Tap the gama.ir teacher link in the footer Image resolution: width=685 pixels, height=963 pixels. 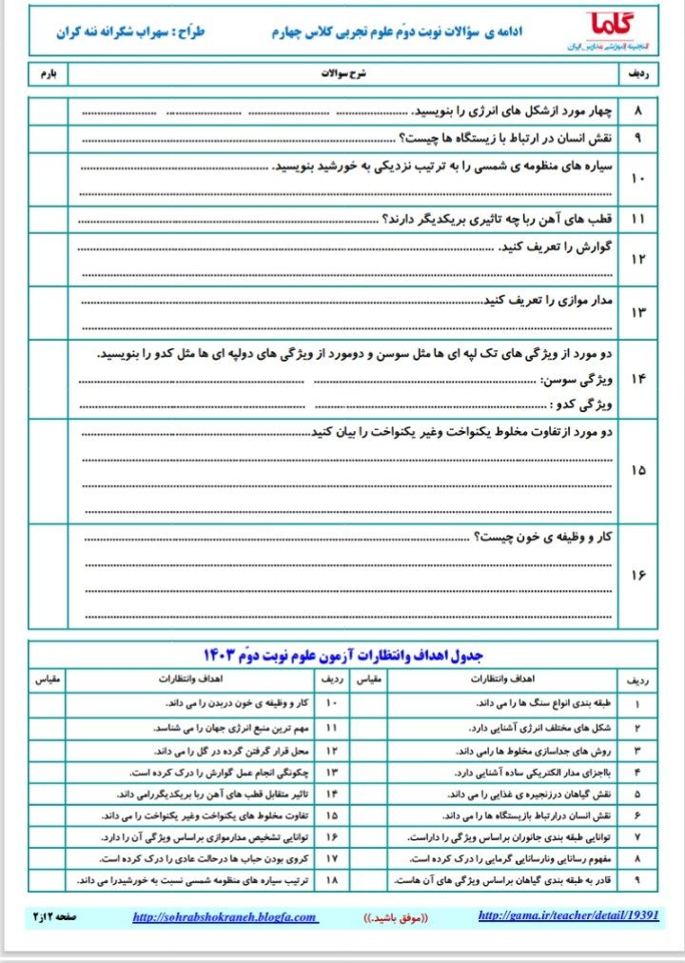(x=568, y=915)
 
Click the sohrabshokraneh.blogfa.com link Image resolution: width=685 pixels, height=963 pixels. (x=225, y=917)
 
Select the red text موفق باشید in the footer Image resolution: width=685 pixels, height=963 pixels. (x=397, y=917)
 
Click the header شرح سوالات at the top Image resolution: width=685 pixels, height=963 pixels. (x=344, y=72)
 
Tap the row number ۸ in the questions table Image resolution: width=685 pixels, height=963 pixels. (x=636, y=111)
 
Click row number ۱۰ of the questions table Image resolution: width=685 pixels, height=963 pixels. (x=636, y=178)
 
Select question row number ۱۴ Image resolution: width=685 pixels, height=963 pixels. (x=636, y=379)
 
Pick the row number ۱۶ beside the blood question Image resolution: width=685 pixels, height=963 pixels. (x=636, y=576)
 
